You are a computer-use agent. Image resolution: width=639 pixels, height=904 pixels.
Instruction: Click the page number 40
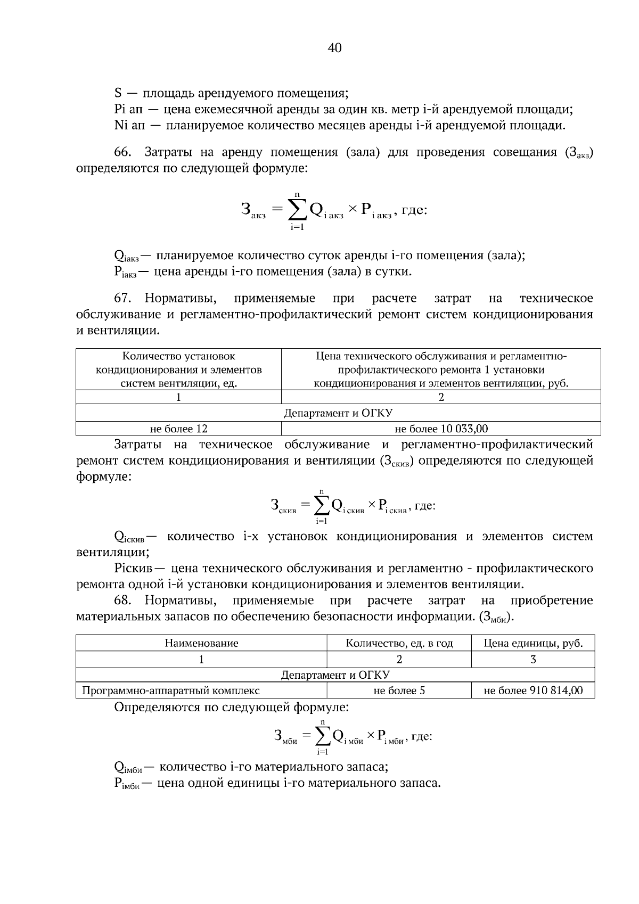334,48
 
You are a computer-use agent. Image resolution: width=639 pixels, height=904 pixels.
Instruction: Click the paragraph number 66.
122,153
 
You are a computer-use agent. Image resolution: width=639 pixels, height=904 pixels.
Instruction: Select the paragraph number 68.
122,601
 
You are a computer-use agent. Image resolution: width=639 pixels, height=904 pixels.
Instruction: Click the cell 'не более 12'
178,429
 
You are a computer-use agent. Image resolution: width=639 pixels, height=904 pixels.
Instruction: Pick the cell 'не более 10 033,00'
441,429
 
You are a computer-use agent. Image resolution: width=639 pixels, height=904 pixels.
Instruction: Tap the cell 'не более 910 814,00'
533,691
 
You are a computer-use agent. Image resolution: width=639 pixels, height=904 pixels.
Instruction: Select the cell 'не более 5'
399,691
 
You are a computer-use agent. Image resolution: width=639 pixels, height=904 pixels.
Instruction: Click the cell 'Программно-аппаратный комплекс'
171,691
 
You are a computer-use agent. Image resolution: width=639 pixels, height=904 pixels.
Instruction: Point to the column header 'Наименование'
201,643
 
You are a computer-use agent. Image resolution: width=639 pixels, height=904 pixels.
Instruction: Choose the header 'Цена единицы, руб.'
533,643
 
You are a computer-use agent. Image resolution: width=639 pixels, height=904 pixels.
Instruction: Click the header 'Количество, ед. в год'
399,643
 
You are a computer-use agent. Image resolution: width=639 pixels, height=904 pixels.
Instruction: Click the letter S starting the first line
118,94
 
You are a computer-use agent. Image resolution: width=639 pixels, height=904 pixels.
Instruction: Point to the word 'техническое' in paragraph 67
556,298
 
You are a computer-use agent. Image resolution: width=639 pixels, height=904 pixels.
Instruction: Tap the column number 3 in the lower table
533,659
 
